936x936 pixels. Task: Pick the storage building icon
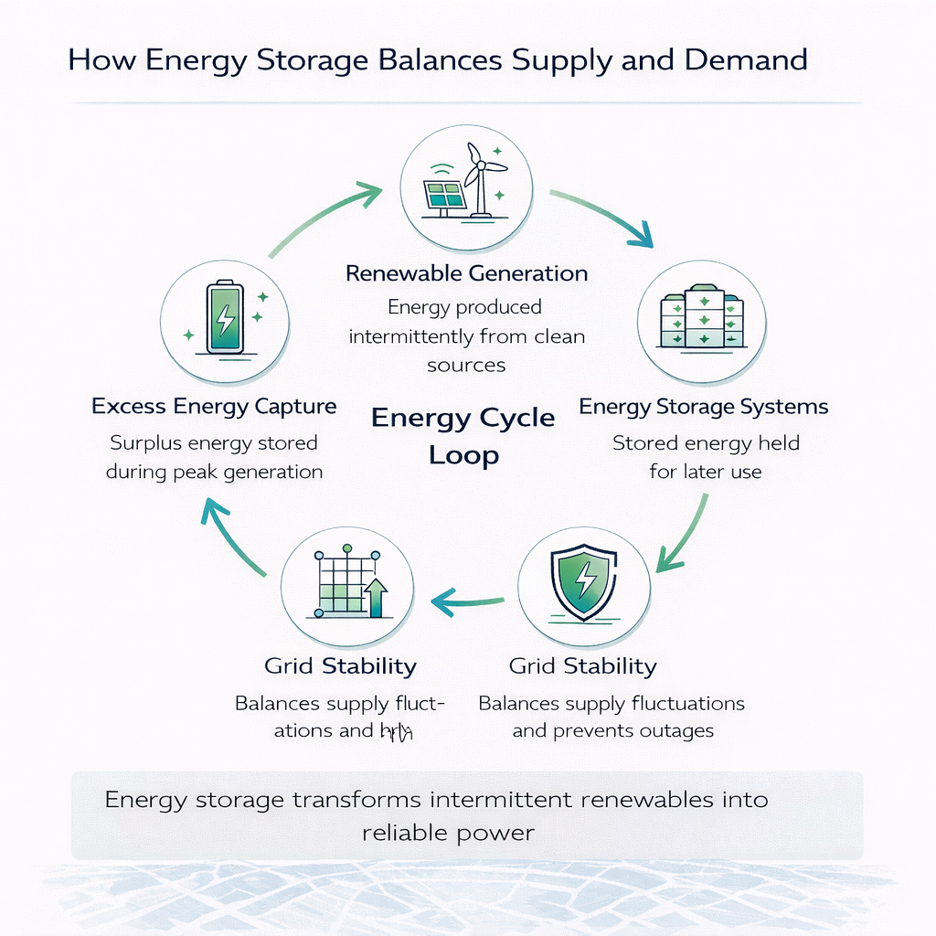coord(702,316)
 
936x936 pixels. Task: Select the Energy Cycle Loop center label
coord(463,436)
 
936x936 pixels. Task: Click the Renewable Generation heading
coord(466,272)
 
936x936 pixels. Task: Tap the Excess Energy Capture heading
coord(214,406)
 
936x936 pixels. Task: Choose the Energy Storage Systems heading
coord(704,406)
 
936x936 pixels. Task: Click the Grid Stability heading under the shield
coord(582,665)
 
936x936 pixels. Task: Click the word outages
coord(678,730)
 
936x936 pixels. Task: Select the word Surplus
coord(146,443)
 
